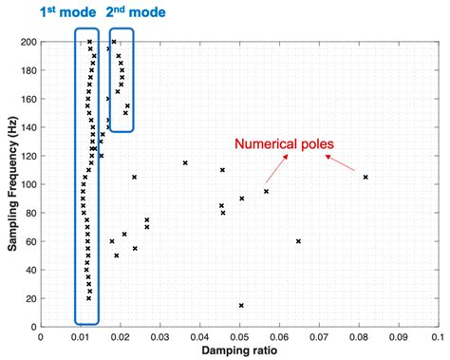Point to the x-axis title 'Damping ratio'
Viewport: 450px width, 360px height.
tap(237, 351)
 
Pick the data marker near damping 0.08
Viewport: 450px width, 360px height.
tap(366, 178)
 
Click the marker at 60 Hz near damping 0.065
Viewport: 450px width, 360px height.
tap(298, 241)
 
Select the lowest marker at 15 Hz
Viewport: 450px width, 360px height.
tap(241, 305)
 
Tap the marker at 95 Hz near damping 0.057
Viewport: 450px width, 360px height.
tap(267, 192)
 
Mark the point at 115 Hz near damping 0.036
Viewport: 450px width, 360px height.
tap(185, 163)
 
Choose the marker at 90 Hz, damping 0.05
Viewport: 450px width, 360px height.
tap(242, 199)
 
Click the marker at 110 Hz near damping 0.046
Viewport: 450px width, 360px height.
tap(223, 170)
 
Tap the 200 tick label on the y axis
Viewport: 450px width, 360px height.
tap(26, 42)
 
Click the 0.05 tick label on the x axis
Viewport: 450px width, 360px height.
tap(238, 335)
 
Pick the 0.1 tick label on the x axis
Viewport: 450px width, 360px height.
tap(435, 335)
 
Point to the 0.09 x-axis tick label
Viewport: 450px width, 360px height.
tap(397, 335)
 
